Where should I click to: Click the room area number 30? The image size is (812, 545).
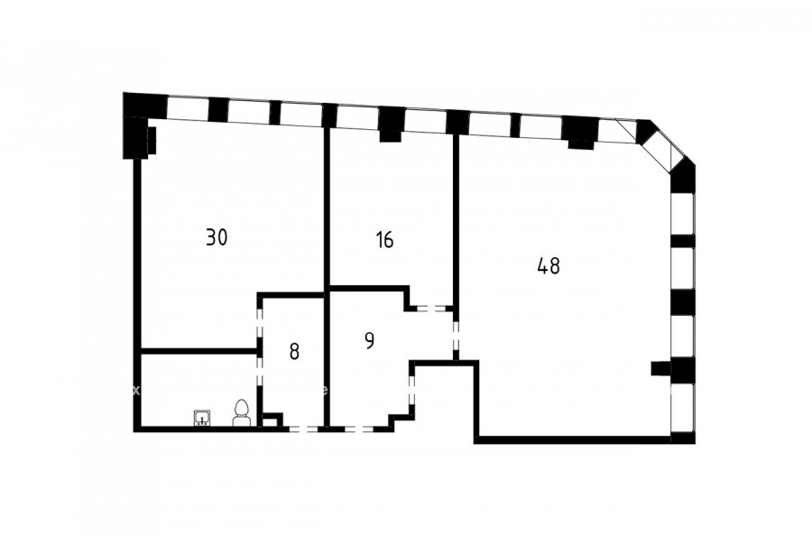pos(217,237)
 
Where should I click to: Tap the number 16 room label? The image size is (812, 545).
pos(385,240)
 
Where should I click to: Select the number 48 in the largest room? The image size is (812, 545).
pos(549,266)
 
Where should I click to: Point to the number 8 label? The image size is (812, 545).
pos(294,352)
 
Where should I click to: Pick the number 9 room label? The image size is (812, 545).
pos(369,340)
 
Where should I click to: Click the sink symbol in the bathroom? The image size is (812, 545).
pos(201,418)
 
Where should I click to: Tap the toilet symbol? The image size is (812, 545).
pos(241,413)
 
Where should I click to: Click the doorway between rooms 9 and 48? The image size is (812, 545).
pos(456,336)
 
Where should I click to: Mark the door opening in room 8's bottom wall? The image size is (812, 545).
pos(303,429)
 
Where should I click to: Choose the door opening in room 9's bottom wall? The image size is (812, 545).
pos(358,429)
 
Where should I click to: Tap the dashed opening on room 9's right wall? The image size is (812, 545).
pos(412,390)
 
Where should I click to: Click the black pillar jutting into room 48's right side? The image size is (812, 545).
pos(660,368)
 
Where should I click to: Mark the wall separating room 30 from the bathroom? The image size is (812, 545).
pos(198,351)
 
